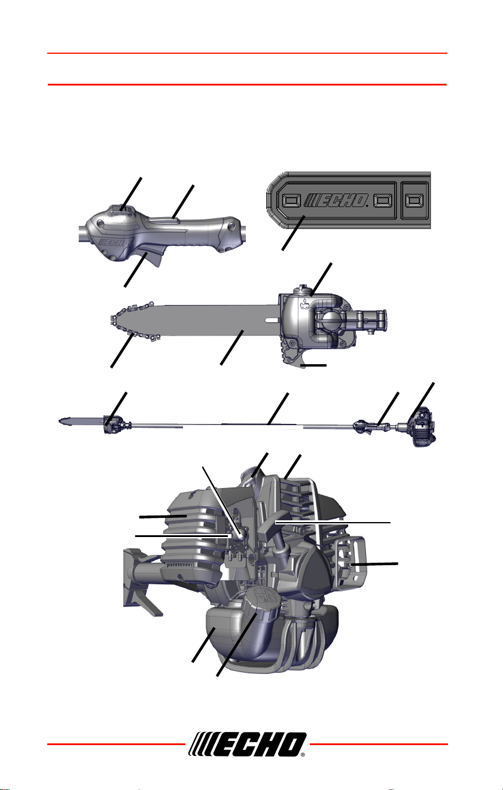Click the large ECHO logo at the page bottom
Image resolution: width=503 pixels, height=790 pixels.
click(x=247, y=744)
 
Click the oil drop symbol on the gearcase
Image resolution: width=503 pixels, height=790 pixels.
click(x=303, y=301)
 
